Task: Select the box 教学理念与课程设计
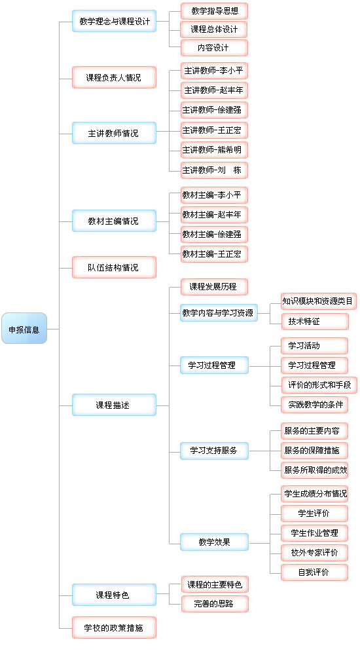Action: (114, 21)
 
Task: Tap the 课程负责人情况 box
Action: (114, 77)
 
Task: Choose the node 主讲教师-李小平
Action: (214, 70)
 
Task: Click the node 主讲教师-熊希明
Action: (214, 150)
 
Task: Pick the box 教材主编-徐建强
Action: (214, 234)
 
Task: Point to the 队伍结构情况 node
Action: (114, 267)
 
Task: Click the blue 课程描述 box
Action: (114, 405)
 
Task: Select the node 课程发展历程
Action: (214, 287)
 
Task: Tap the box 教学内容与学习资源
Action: (219, 313)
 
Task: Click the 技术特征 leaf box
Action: (314, 321)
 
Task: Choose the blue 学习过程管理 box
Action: (214, 365)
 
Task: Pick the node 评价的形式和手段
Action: (319, 384)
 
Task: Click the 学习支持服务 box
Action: (214, 451)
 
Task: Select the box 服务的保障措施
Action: (314, 451)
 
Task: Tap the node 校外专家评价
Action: (314, 553)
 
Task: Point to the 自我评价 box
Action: (314, 572)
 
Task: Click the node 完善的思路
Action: (215, 604)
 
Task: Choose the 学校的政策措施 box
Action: (114, 627)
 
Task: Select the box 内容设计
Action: (214, 48)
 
